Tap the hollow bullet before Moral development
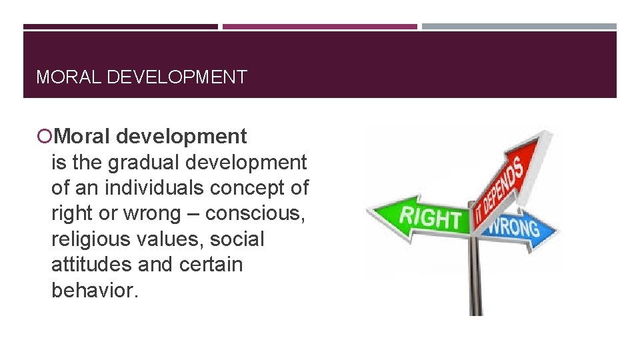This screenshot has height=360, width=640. coord(44,137)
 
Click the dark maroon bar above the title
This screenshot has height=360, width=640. coord(121,27)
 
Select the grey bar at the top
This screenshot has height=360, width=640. coord(519,27)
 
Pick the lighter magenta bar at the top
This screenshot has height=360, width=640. coord(320,27)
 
